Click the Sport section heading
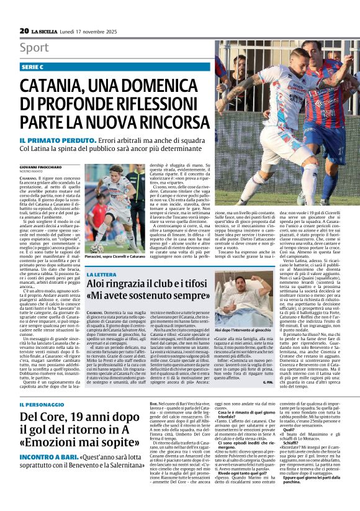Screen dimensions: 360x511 [34, 47]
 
